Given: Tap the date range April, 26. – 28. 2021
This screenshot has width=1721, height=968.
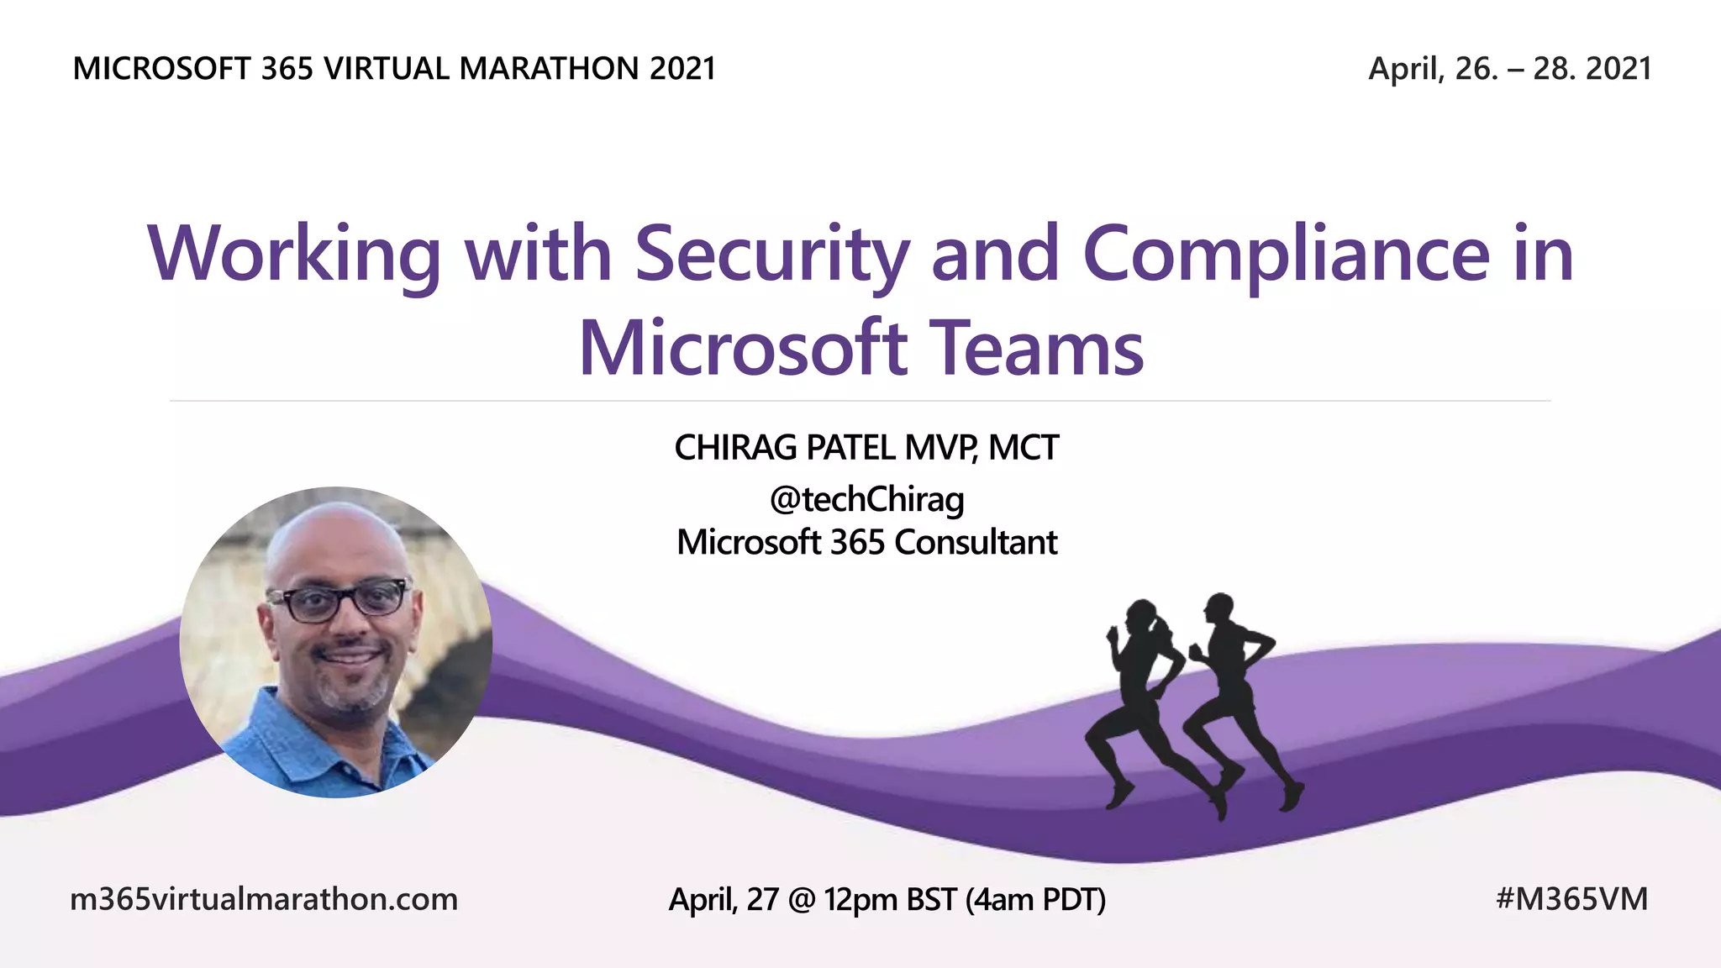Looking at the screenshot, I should tap(1509, 69).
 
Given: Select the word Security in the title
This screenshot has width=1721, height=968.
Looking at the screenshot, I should tap(771, 254).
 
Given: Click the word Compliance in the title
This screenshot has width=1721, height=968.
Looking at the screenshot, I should tap(1286, 254).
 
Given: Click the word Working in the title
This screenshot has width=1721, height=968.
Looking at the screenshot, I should tap(293, 254).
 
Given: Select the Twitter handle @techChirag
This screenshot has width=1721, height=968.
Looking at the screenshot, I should tap(866, 499).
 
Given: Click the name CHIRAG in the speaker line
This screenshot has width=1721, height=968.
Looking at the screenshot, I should tap(735, 448).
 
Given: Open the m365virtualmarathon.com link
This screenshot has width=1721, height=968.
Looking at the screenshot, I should tap(264, 899).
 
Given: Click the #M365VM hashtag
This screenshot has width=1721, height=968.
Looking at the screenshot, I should tap(1571, 899).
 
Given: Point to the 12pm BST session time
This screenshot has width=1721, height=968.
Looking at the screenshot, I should tap(889, 899).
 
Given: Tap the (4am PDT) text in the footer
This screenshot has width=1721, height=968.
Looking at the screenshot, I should tap(1035, 899).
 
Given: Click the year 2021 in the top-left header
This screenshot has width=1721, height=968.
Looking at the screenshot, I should tap(682, 69).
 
